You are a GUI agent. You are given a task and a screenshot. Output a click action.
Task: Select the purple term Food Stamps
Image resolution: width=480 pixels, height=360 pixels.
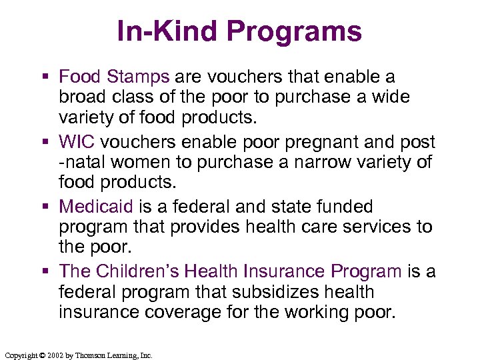point(114,77)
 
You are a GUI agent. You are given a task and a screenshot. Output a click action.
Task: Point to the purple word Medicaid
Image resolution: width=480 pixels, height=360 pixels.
point(96,207)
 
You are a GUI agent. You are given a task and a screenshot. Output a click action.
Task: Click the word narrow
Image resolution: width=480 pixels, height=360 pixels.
point(328,163)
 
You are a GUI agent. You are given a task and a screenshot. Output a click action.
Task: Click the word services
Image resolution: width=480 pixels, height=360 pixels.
point(376,227)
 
